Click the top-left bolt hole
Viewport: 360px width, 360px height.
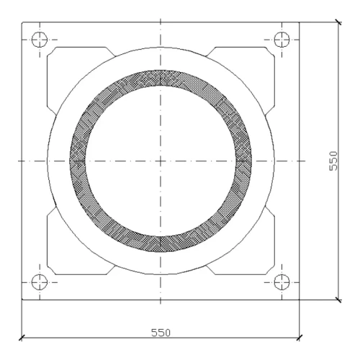pos(40,40)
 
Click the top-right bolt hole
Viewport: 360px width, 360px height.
pos(282,40)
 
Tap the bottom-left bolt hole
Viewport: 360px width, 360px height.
pos(40,282)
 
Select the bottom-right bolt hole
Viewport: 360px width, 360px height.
pos(282,282)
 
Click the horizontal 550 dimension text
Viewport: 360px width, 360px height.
pos(161,333)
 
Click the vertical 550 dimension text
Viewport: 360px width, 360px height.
pos(333,161)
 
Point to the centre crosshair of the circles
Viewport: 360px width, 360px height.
pos(161,161)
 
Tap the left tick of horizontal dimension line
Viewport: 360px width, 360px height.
pos(22,338)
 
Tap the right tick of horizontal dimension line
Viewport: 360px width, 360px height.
pos(300,338)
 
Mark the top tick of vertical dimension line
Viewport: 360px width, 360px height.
pos(338,22)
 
